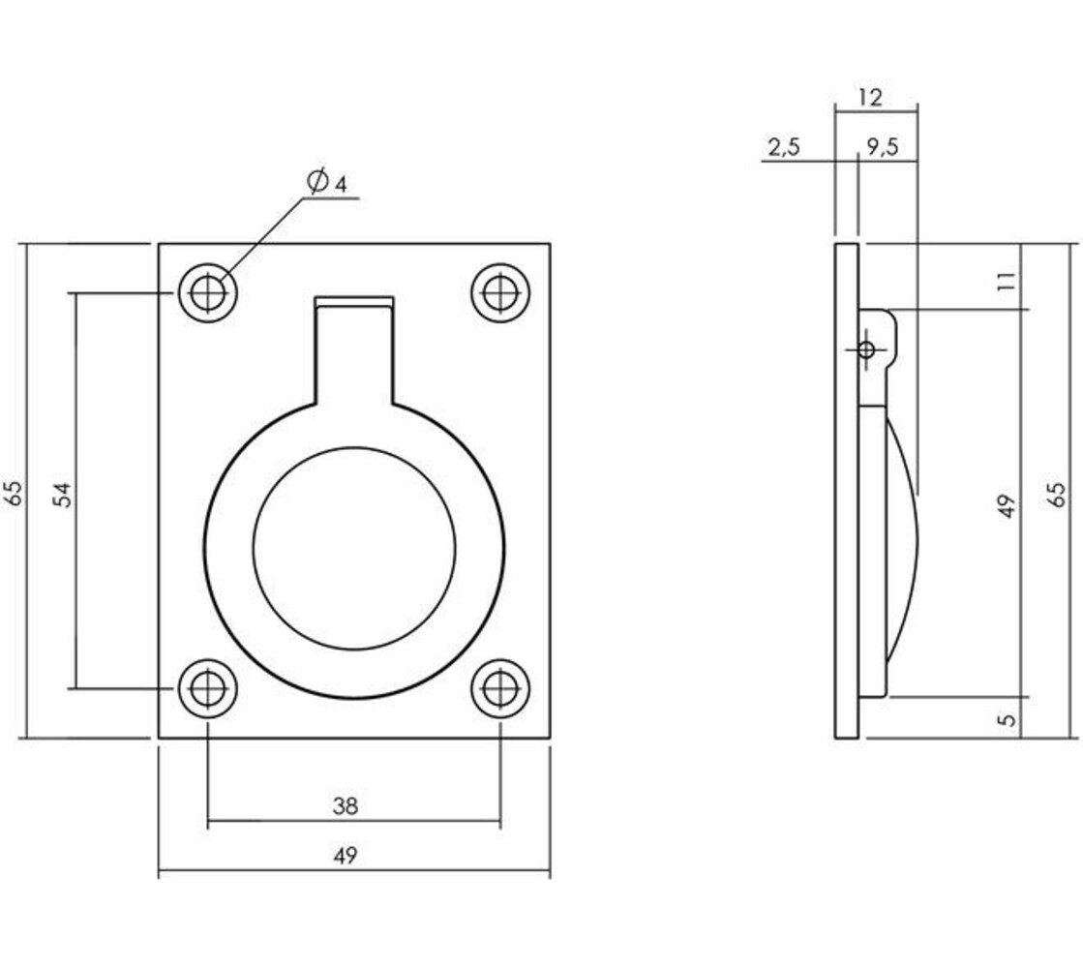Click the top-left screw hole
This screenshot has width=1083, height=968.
click(206, 292)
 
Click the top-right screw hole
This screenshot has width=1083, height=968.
click(499, 292)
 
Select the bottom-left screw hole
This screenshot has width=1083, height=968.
click(206, 689)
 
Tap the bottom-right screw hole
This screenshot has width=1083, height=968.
click(499, 689)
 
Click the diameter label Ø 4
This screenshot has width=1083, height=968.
click(326, 181)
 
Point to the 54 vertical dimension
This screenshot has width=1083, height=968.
click(61, 494)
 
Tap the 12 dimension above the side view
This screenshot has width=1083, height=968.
click(870, 97)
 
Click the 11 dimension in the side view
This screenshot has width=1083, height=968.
click(1008, 282)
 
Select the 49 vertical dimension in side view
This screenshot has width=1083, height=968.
click(1008, 505)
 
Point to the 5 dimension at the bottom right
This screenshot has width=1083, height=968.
click(1008, 719)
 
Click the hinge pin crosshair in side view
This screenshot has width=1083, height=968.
click(866, 349)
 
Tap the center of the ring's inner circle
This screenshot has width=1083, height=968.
click(354, 548)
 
